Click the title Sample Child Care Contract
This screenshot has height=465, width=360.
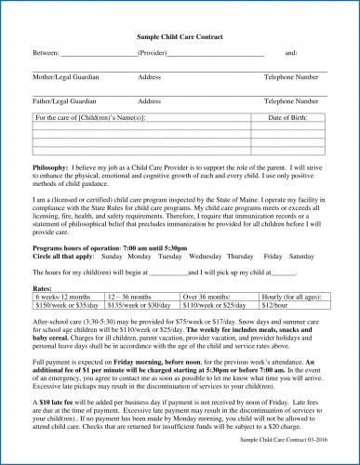180,35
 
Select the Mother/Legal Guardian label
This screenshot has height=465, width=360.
64,77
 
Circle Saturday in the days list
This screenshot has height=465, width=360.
302,255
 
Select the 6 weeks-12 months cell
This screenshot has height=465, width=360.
67,297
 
